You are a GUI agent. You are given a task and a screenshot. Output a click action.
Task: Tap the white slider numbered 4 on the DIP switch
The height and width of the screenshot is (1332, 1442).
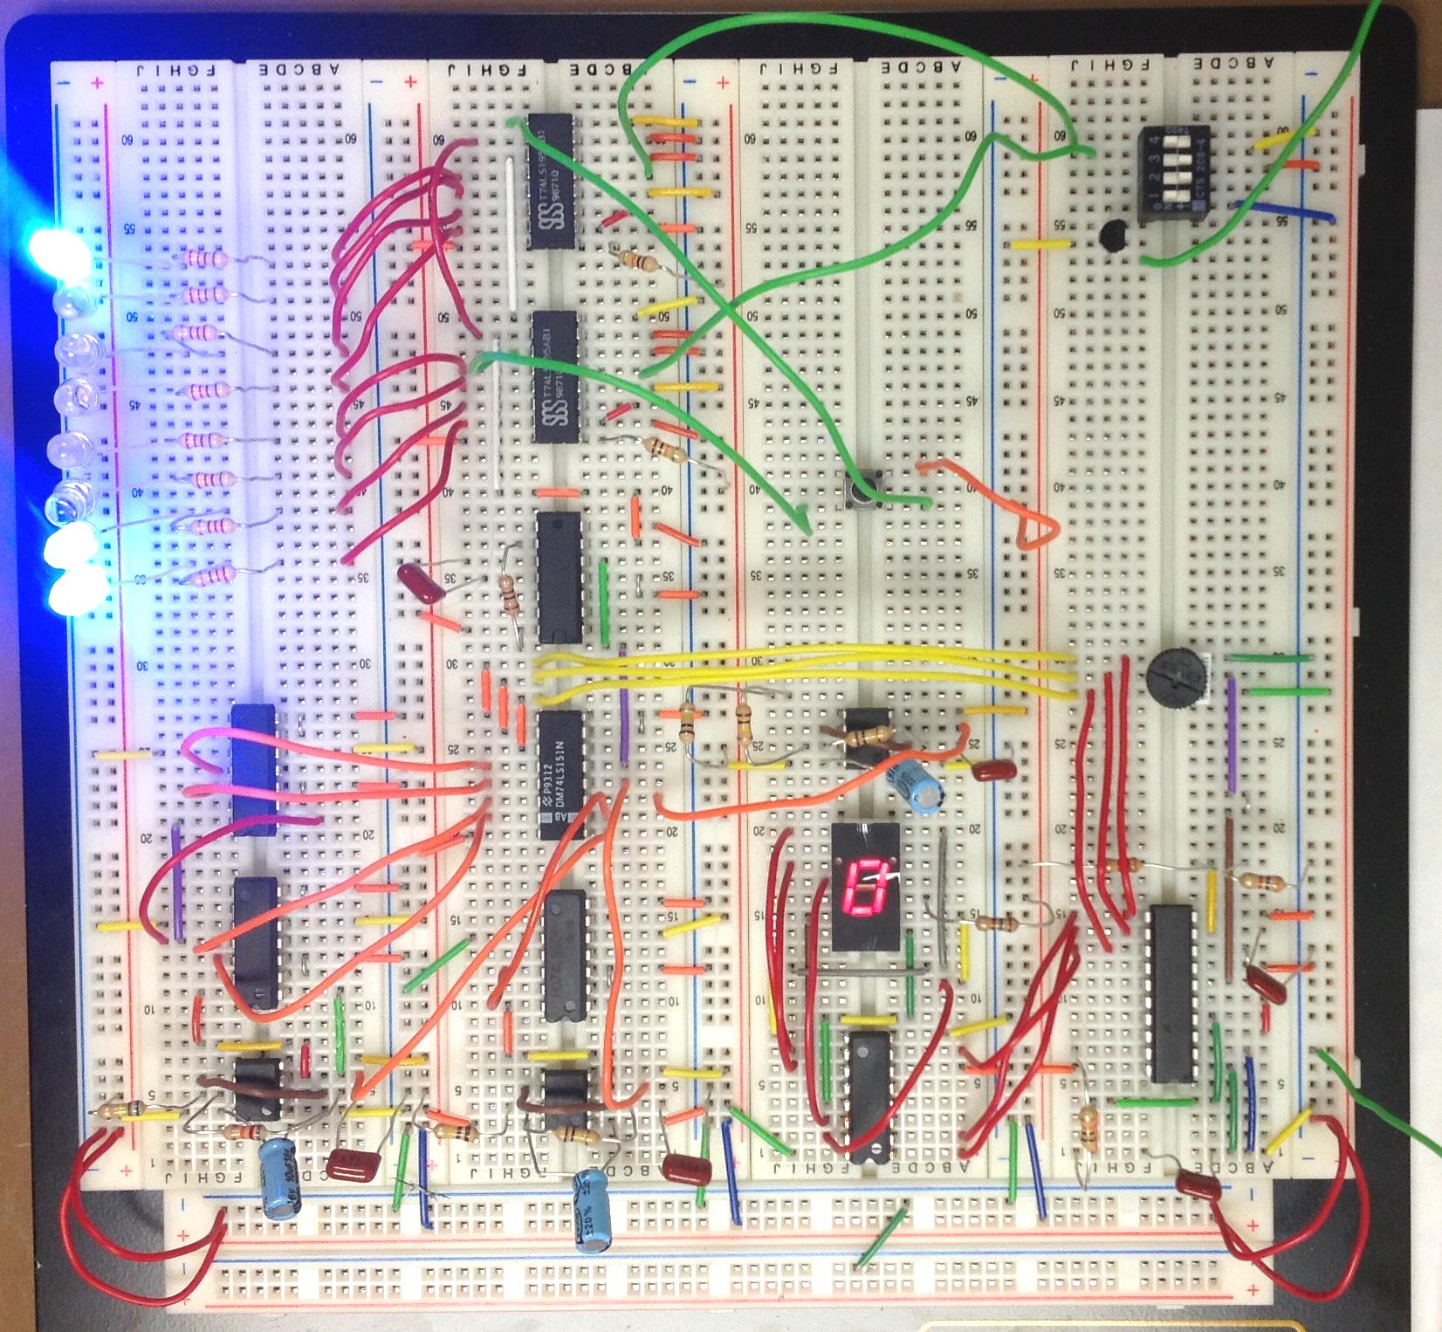pos(1177,141)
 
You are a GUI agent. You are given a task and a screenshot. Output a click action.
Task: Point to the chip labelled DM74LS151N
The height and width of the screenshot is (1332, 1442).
pos(560,773)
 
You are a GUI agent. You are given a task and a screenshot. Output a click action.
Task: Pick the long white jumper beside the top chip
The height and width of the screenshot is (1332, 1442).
pos(509,236)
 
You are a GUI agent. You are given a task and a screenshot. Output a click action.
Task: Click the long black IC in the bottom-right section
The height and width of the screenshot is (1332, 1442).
pos(1172,993)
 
